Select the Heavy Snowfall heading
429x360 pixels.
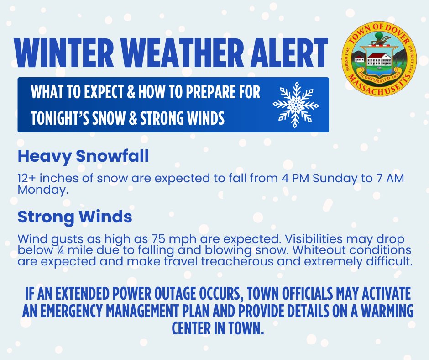tap(83, 156)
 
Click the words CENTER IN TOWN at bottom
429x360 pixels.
tap(218, 328)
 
